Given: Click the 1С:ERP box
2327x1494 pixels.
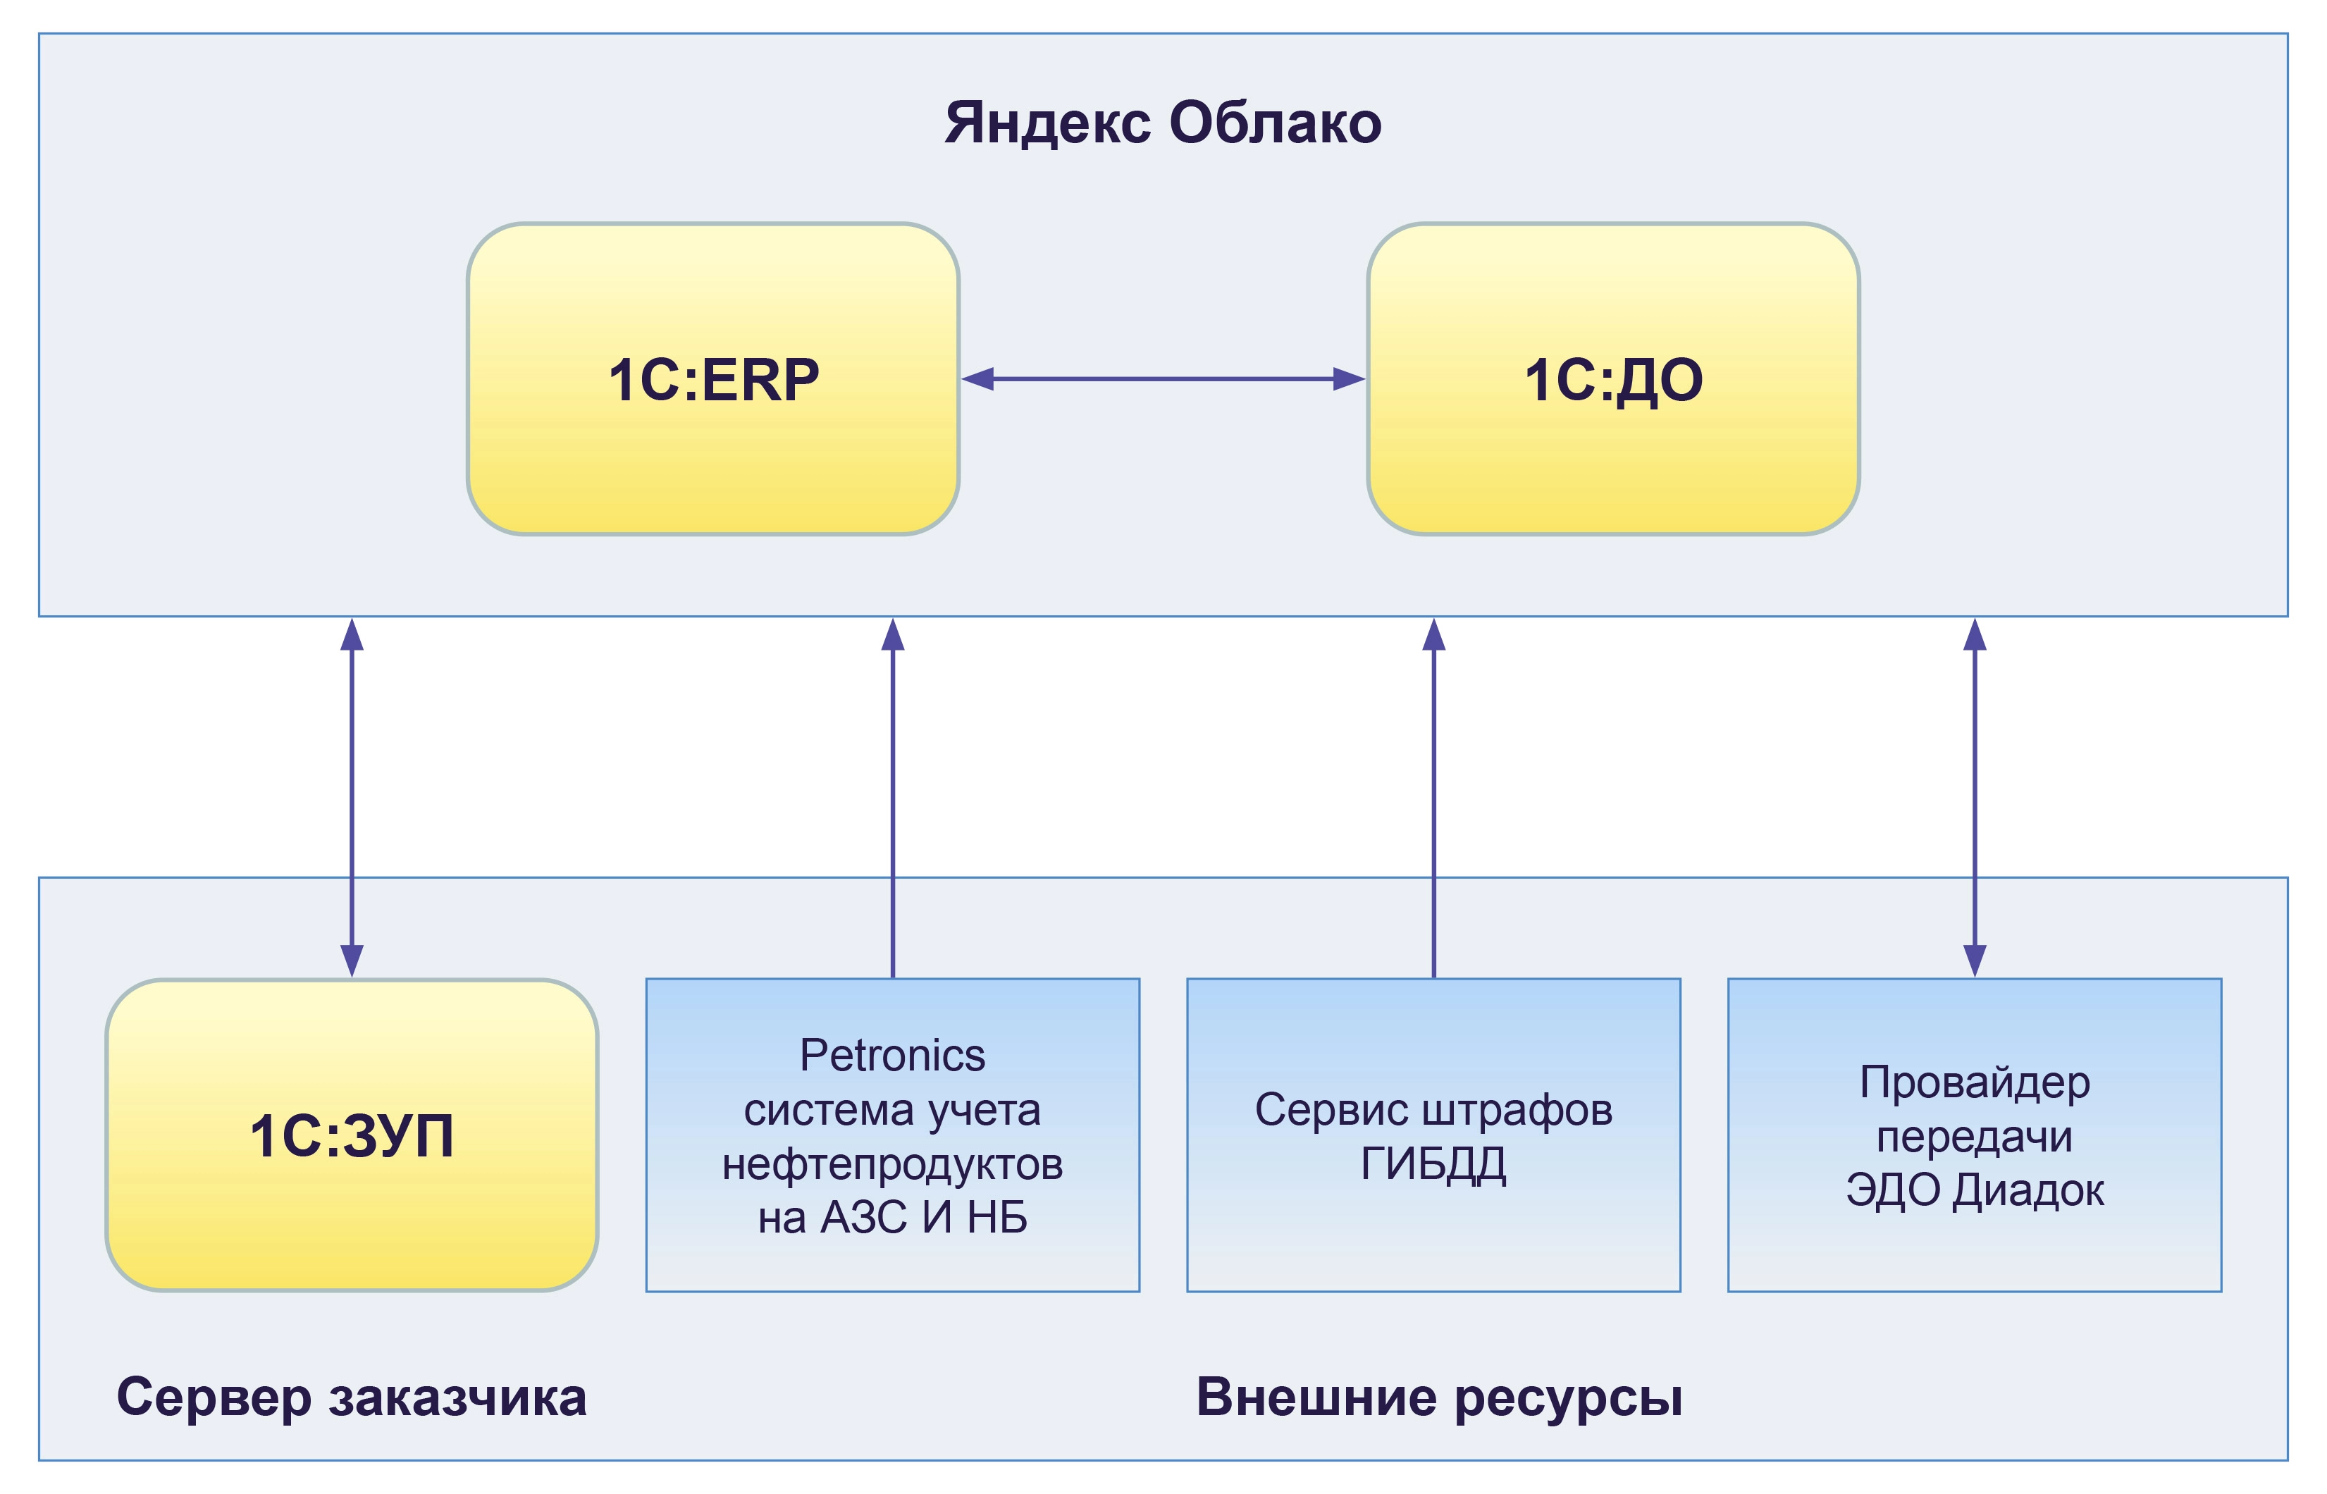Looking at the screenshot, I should click(713, 378).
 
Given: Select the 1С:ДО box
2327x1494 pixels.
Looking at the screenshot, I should click(1613, 378).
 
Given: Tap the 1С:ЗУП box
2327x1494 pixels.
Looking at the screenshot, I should click(351, 1135).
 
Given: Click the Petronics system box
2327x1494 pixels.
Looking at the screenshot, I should click(892, 1135).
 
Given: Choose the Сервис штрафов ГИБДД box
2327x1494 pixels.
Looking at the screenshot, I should click(1433, 1135).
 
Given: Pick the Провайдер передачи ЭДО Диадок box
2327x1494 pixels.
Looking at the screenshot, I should click(1974, 1135).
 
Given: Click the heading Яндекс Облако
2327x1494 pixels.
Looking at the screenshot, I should click(1162, 123).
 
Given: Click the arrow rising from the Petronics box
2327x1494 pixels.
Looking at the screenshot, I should click(892, 796).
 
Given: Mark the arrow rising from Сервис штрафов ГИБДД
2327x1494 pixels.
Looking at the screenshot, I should click(1433, 796).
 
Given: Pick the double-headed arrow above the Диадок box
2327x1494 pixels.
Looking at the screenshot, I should click(1975, 796).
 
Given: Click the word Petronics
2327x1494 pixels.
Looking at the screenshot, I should click(892, 1056).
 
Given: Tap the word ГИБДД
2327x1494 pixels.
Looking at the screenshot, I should click(1433, 1163).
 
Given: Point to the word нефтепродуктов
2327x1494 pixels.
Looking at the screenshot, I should click(892, 1163).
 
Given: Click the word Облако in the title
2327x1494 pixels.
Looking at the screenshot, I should click(1275, 123).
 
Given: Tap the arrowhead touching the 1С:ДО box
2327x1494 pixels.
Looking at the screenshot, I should click(1350, 378).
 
